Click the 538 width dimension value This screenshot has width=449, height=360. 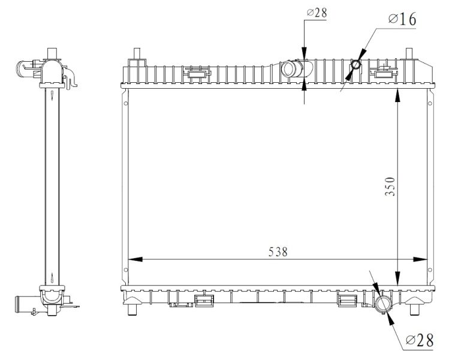point(278,251)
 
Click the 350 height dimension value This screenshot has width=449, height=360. point(390,187)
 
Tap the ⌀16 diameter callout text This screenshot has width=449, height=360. point(402,19)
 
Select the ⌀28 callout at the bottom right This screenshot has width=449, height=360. point(420,341)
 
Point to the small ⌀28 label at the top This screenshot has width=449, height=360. point(317,13)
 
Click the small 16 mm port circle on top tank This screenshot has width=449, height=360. point(355,65)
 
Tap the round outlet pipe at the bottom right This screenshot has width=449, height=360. point(383,304)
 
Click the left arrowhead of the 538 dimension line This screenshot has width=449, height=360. point(135,259)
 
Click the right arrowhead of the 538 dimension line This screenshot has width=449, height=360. point(420,259)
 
